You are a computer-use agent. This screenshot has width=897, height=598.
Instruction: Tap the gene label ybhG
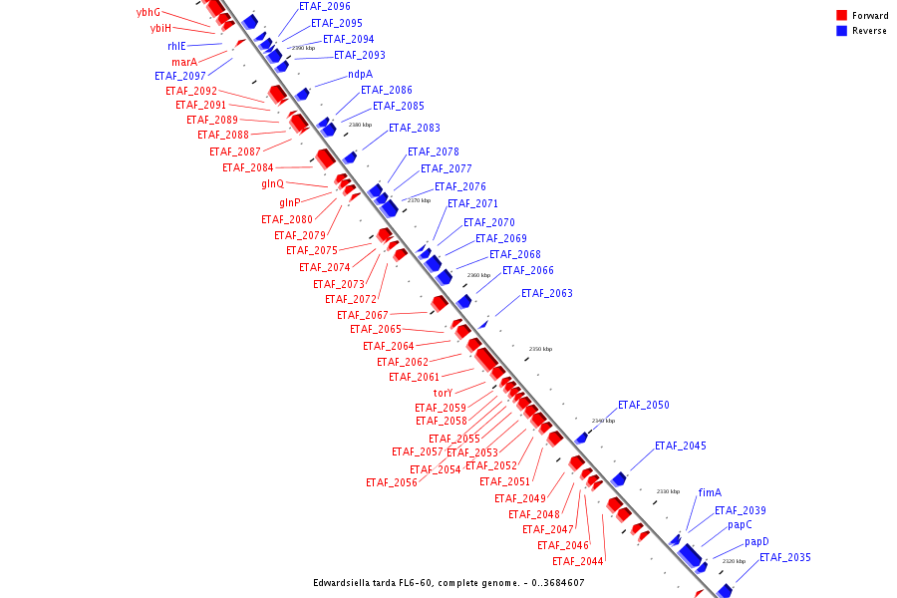(149, 12)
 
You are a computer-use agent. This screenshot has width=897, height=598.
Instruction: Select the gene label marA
(183, 62)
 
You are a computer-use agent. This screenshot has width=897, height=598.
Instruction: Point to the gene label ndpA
(360, 75)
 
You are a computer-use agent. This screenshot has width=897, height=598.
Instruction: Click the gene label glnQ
(272, 183)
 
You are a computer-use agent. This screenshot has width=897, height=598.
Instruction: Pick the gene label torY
(443, 393)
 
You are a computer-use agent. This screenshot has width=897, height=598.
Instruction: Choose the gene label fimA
(710, 492)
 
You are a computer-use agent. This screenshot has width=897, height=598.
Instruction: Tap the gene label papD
(756, 542)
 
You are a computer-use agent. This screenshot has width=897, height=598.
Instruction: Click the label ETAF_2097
(179, 76)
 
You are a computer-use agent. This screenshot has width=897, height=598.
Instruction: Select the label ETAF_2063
(546, 293)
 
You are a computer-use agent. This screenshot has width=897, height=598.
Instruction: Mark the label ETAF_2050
(643, 406)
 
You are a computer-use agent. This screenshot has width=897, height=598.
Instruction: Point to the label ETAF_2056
(391, 482)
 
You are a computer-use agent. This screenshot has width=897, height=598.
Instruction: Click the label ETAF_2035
(784, 557)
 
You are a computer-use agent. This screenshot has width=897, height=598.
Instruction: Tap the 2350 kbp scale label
(540, 349)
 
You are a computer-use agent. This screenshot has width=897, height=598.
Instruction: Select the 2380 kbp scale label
(360, 125)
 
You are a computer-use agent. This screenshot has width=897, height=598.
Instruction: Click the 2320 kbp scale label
(734, 561)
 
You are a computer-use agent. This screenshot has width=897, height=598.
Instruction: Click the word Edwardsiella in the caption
(346, 582)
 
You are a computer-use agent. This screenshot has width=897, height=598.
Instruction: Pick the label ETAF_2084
(247, 167)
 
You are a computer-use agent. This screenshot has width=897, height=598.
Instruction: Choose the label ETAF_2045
(680, 446)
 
